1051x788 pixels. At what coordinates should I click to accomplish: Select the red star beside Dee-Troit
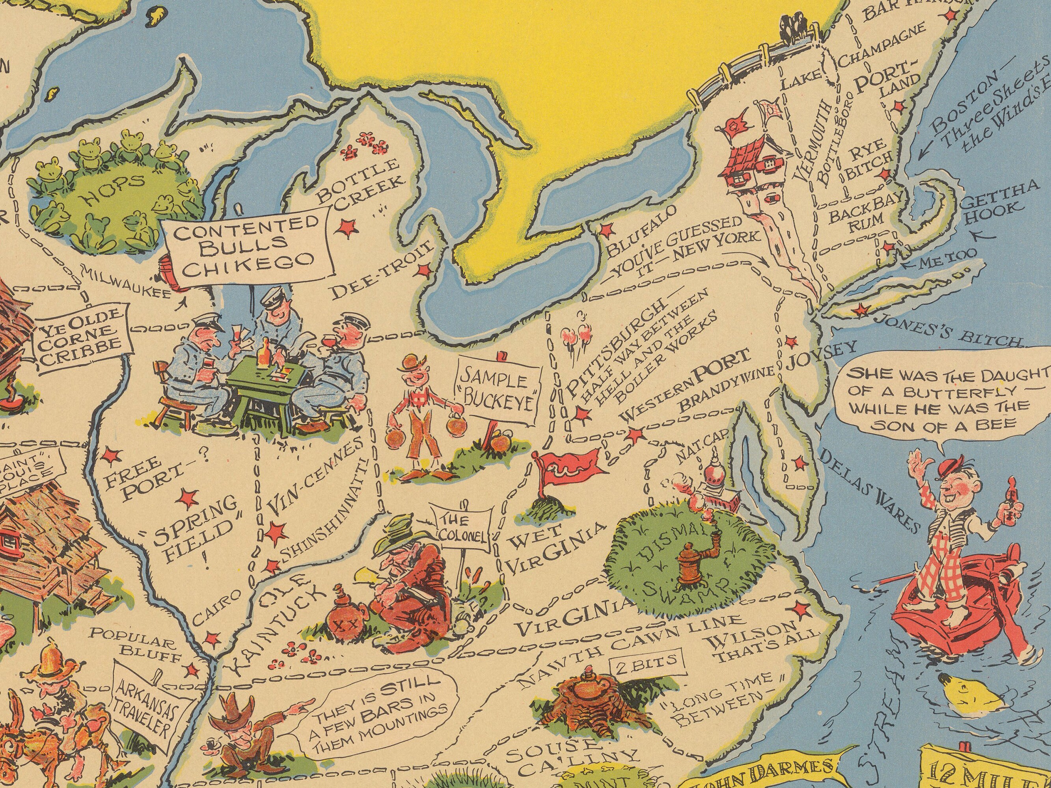click(421, 271)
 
